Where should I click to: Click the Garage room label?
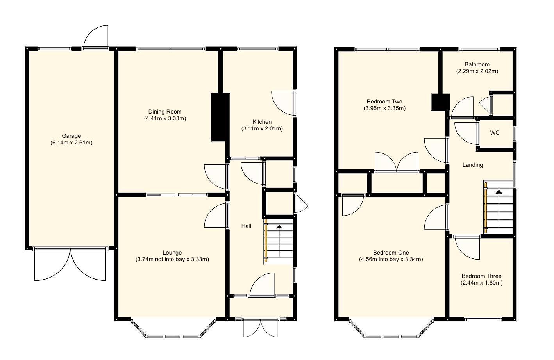[x=71, y=136]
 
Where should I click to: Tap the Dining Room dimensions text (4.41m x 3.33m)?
[x=165, y=118]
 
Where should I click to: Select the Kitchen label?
[x=262, y=122]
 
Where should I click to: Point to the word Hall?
[x=246, y=226]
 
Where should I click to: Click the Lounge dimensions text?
[x=172, y=259]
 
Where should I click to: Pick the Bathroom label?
[x=477, y=64]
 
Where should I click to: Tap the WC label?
[x=495, y=133]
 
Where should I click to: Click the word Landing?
[x=473, y=165]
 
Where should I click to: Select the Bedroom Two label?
[x=384, y=102]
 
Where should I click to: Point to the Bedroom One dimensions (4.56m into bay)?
[x=391, y=259]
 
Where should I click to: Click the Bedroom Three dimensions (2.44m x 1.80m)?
[x=481, y=283]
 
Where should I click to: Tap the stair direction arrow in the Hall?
[x=279, y=227]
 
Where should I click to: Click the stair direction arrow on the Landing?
[x=499, y=192]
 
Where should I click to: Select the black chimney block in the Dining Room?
[x=220, y=117]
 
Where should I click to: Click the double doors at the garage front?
[x=71, y=264]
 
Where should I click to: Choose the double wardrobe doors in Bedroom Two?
[x=397, y=162]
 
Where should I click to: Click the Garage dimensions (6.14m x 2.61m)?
[x=71, y=143]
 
